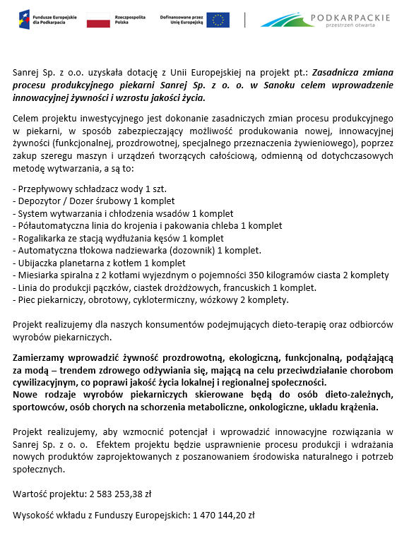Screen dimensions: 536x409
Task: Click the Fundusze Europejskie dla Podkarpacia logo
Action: pyautogui.click(x=47, y=19)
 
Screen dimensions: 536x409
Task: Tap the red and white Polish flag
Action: pyautogui.click(x=98, y=20)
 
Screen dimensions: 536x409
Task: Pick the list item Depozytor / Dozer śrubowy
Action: pyautogui.click(x=94, y=201)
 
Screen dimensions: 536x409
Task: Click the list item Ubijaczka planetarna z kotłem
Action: pyautogui.click(x=100, y=263)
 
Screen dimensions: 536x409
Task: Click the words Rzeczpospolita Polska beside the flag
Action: pyautogui.click(x=129, y=20)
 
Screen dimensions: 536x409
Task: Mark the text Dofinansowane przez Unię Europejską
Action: pyautogui.click(x=182, y=20)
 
